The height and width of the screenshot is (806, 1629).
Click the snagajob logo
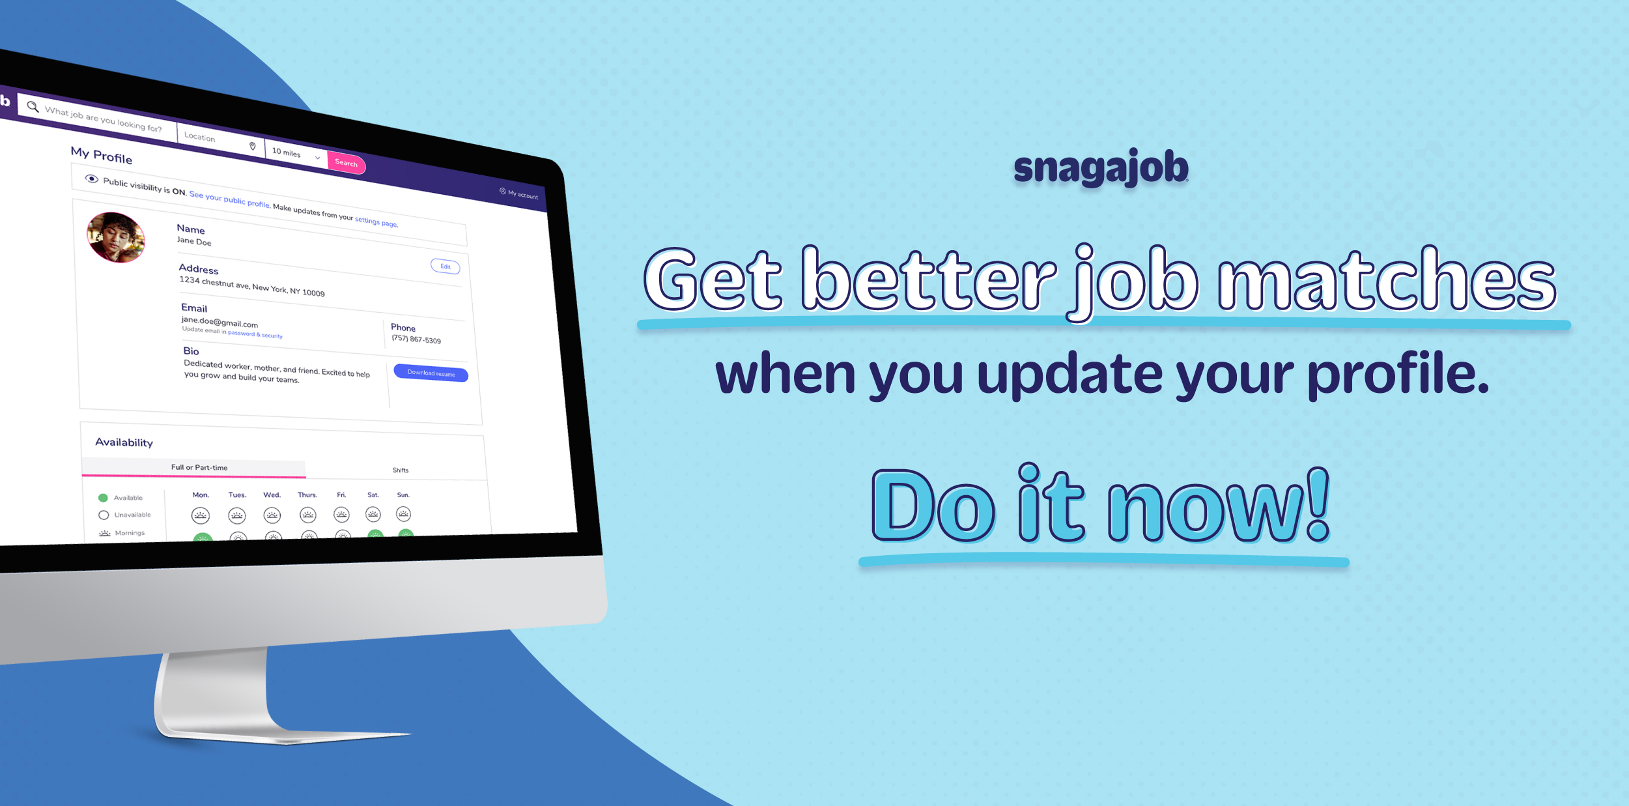[x=1101, y=168]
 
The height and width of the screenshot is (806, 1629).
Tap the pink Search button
[x=347, y=163]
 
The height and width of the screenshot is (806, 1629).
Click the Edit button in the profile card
[x=446, y=266]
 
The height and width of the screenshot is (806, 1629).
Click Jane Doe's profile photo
[x=116, y=237]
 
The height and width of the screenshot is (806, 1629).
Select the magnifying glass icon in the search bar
[x=33, y=107]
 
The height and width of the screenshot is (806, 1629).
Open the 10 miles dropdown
[x=296, y=154]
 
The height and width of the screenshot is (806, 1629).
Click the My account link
[x=519, y=194]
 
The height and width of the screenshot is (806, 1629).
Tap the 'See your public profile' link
[x=229, y=199]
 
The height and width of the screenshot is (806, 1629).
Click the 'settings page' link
[x=376, y=222]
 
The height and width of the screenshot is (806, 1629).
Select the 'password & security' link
[x=255, y=334]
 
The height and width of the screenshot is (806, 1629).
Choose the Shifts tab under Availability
[x=401, y=470]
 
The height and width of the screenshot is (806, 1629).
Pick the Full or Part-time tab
[x=199, y=467]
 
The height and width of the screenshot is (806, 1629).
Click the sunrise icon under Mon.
[x=201, y=516]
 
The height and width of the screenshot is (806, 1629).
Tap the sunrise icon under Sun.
[x=404, y=514]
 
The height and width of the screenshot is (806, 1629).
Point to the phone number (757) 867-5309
[x=416, y=339]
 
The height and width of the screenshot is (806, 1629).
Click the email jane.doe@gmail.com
[x=220, y=322]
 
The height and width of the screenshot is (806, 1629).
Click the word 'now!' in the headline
[x=1219, y=506]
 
